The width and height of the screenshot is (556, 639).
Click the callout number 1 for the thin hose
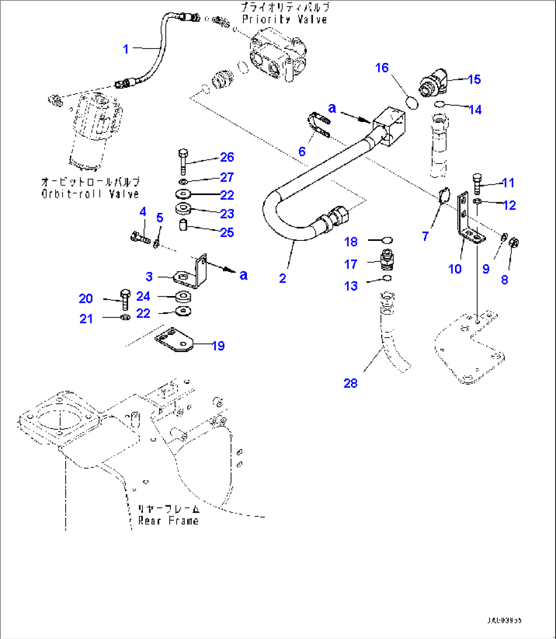pos(126,50)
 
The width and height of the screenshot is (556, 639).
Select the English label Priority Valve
pos(285,19)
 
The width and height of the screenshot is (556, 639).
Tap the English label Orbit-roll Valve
pos(90,194)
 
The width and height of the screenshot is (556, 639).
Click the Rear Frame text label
pos(168,521)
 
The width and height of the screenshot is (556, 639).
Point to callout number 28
pos(350,383)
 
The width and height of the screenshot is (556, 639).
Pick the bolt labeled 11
pos(477,183)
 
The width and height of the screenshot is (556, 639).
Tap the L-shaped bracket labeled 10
pos(466,219)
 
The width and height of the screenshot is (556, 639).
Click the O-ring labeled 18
pos(387,240)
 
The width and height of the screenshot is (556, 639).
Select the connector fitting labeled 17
pos(387,259)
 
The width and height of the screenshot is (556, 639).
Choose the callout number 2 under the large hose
pos(283,278)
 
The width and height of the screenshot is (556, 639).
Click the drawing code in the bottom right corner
pos(503,621)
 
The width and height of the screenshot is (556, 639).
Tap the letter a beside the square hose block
pos(333,108)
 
